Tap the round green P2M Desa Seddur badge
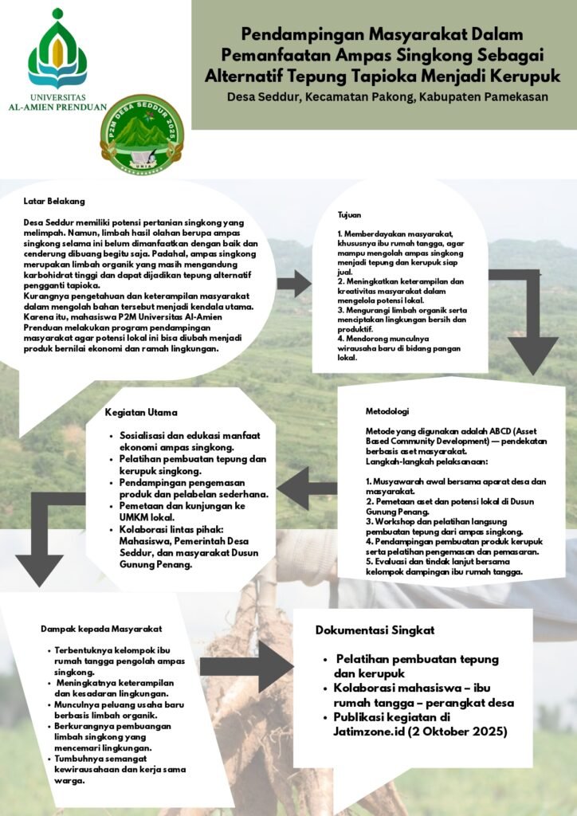(142, 135)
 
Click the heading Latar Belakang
(54, 202)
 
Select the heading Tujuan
(349, 215)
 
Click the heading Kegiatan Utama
(141, 413)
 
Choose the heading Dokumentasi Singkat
(375, 630)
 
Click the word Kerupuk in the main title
(521, 76)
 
